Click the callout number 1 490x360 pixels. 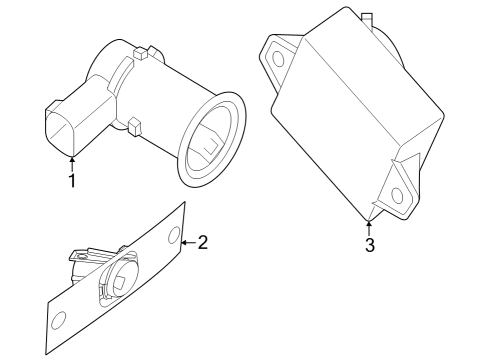(x=71, y=181)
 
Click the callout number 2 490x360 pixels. (x=203, y=242)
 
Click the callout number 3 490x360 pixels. (x=369, y=246)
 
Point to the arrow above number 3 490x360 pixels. (x=369, y=226)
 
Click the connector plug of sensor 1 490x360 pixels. (x=66, y=125)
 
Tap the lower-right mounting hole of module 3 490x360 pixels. (x=398, y=196)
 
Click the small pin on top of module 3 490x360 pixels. (x=366, y=18)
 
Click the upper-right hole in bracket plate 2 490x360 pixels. (x=174, y=237)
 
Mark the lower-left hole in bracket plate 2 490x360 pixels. (x=58, y=320)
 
